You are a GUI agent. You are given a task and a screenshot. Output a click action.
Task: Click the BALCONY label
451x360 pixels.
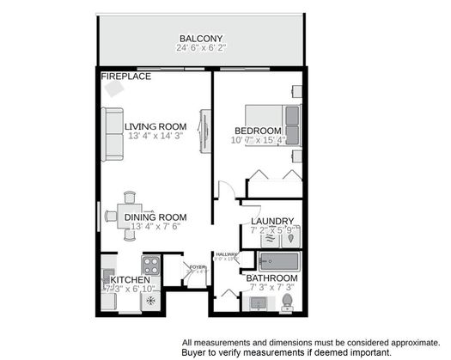click(201, 39)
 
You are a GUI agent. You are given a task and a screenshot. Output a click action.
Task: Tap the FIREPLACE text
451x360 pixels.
click(126, 76)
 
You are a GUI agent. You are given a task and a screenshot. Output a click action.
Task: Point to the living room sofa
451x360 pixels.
click(113, 134)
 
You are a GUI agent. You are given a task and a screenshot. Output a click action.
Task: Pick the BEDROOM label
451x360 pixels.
click(258, 131)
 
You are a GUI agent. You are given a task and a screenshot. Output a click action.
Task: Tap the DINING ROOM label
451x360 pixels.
click(155, 217)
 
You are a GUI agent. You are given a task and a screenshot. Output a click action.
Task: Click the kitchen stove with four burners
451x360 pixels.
click(150, 265)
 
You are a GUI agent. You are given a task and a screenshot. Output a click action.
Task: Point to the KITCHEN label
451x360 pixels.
click(129, 280)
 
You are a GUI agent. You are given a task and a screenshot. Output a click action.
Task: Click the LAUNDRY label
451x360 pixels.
click(272, 221)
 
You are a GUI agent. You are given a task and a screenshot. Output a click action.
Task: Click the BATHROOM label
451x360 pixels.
click(272, 278)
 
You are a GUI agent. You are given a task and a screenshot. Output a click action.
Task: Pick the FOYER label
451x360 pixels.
click(197, 266)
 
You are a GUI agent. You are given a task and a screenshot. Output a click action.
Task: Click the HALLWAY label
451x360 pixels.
click(227, 253)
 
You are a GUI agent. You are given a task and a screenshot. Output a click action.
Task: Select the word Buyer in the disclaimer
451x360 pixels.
click(197, 352)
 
